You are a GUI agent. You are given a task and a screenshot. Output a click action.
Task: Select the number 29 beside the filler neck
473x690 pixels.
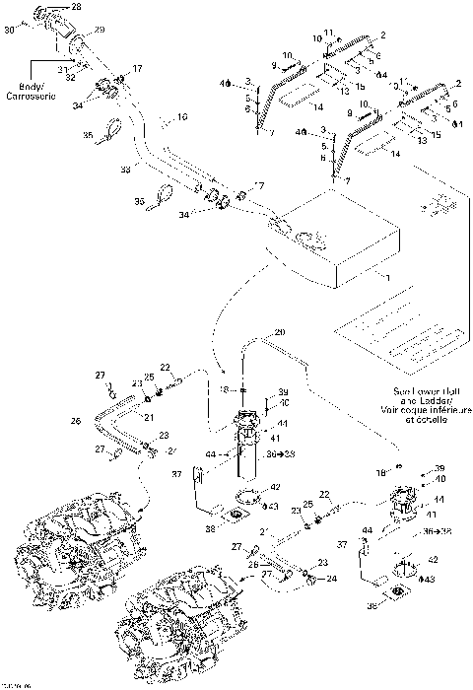[x=100, y=33]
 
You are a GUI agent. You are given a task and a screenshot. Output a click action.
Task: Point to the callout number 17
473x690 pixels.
[x=137, y=68]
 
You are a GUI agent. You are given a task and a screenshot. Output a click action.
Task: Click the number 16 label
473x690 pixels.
[x=180, y=117]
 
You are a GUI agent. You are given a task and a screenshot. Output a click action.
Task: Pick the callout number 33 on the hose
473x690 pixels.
[x=124, y=170]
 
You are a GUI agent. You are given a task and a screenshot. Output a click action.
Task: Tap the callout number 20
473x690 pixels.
[x=279, y=332]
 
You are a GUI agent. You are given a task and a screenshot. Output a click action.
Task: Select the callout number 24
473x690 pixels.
[x=329, y=581]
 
